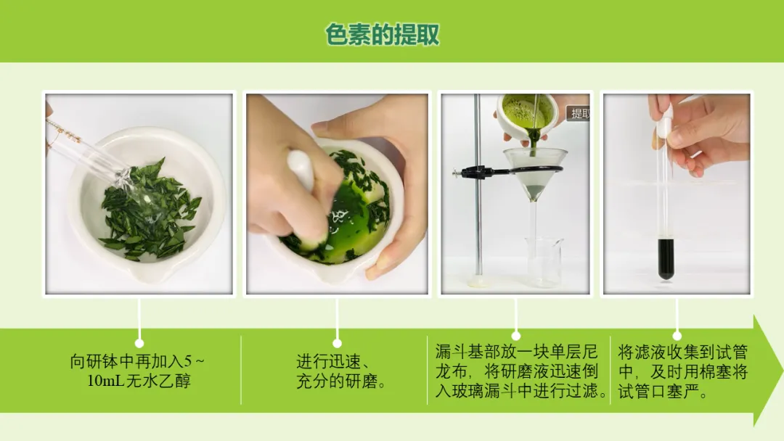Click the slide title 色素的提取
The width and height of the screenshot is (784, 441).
point(382,35)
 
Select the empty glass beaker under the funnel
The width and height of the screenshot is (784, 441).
point(544,262)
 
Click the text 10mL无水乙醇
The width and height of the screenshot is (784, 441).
point(139,381)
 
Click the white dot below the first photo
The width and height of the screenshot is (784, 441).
point(139,343)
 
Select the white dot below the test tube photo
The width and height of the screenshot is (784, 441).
point(677,336)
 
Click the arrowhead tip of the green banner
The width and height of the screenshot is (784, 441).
point(783,371)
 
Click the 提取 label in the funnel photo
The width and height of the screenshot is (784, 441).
point(579,113)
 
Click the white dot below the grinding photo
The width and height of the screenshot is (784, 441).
point(337,343)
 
